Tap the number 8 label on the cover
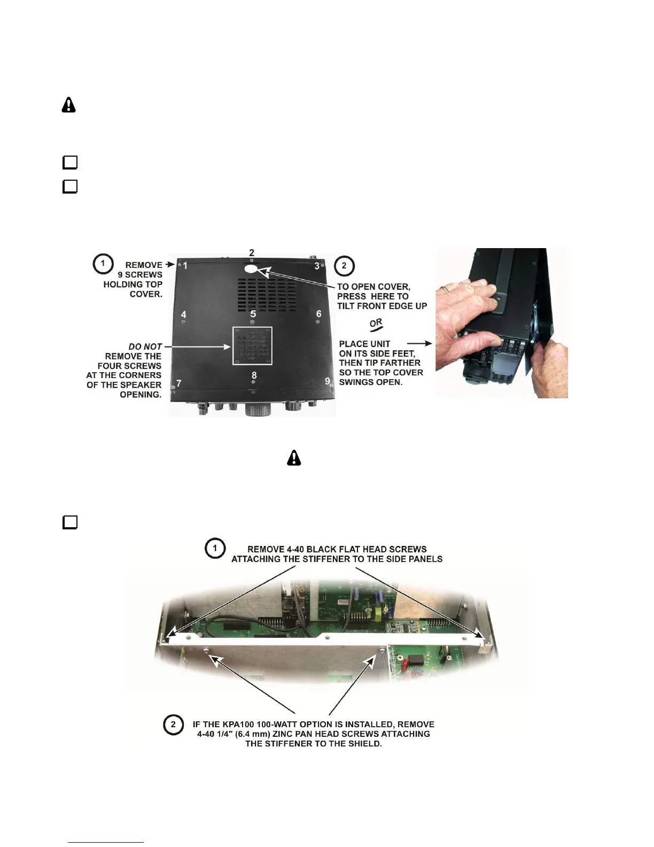coord(254,375)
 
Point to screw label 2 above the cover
coord(252,252)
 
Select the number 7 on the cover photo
coord(179,383)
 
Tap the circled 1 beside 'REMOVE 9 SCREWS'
coord(103,264)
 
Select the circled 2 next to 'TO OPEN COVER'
coord(344,266)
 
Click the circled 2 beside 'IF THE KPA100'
coord(173,725)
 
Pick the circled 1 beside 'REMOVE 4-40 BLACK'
coord(215,548)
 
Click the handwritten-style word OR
coord(376,324)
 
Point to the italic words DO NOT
coord(145,346)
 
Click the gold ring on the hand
coord(445,289)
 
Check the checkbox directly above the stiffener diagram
coord(70,522)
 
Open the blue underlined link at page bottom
coord(106,842)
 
